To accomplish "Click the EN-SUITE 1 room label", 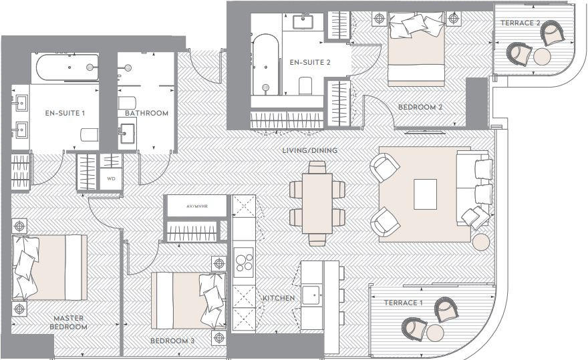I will pyautogui.click(x=65, y=113).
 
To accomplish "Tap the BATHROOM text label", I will pyautogui.click(x=147, y=113).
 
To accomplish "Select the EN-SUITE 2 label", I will pyautogui.click(x=310, y=63).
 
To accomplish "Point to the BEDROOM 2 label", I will pyautogui.click(x=420, y=107).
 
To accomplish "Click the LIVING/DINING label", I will pyautogui.click(x=311, y=150).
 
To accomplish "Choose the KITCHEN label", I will pyautogui.click(x=279, y=298).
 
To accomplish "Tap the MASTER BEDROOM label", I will pyautogui.click(x=67, y=323).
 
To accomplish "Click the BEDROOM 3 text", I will pyautogui.click(x=172, y=341).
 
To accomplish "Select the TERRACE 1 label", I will pyautogui.click(x=404, y=303).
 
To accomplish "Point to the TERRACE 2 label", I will pyautogui.click(x=521, y=23).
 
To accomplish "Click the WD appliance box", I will pyautogui.click(x=111, y=180).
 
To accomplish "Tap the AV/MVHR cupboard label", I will pyautogui.click(x=196, y=206).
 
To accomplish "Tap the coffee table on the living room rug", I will pyautogui.click(x=426, y=194).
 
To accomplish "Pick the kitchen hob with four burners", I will pyautogui.click(x=244, y=261).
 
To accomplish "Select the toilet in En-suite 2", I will pyautogui.click(x=307, y=85).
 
